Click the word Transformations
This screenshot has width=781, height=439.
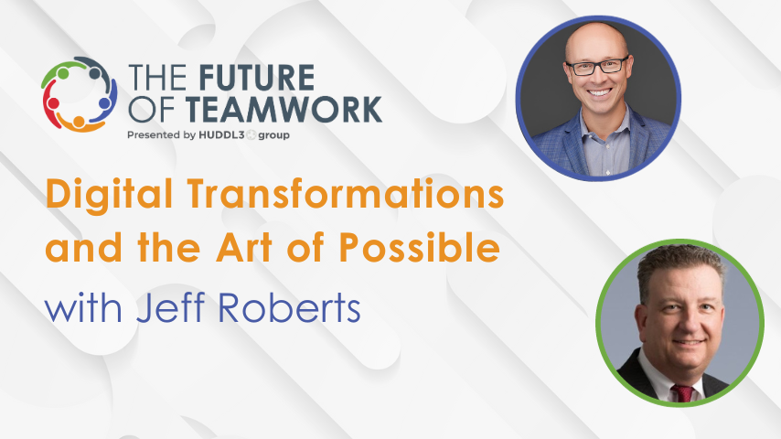pos(342,196)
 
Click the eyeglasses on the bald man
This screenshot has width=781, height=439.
pos(597,66)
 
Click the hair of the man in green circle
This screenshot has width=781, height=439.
pos(680,266)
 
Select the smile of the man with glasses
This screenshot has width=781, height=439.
pos(599,92)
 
